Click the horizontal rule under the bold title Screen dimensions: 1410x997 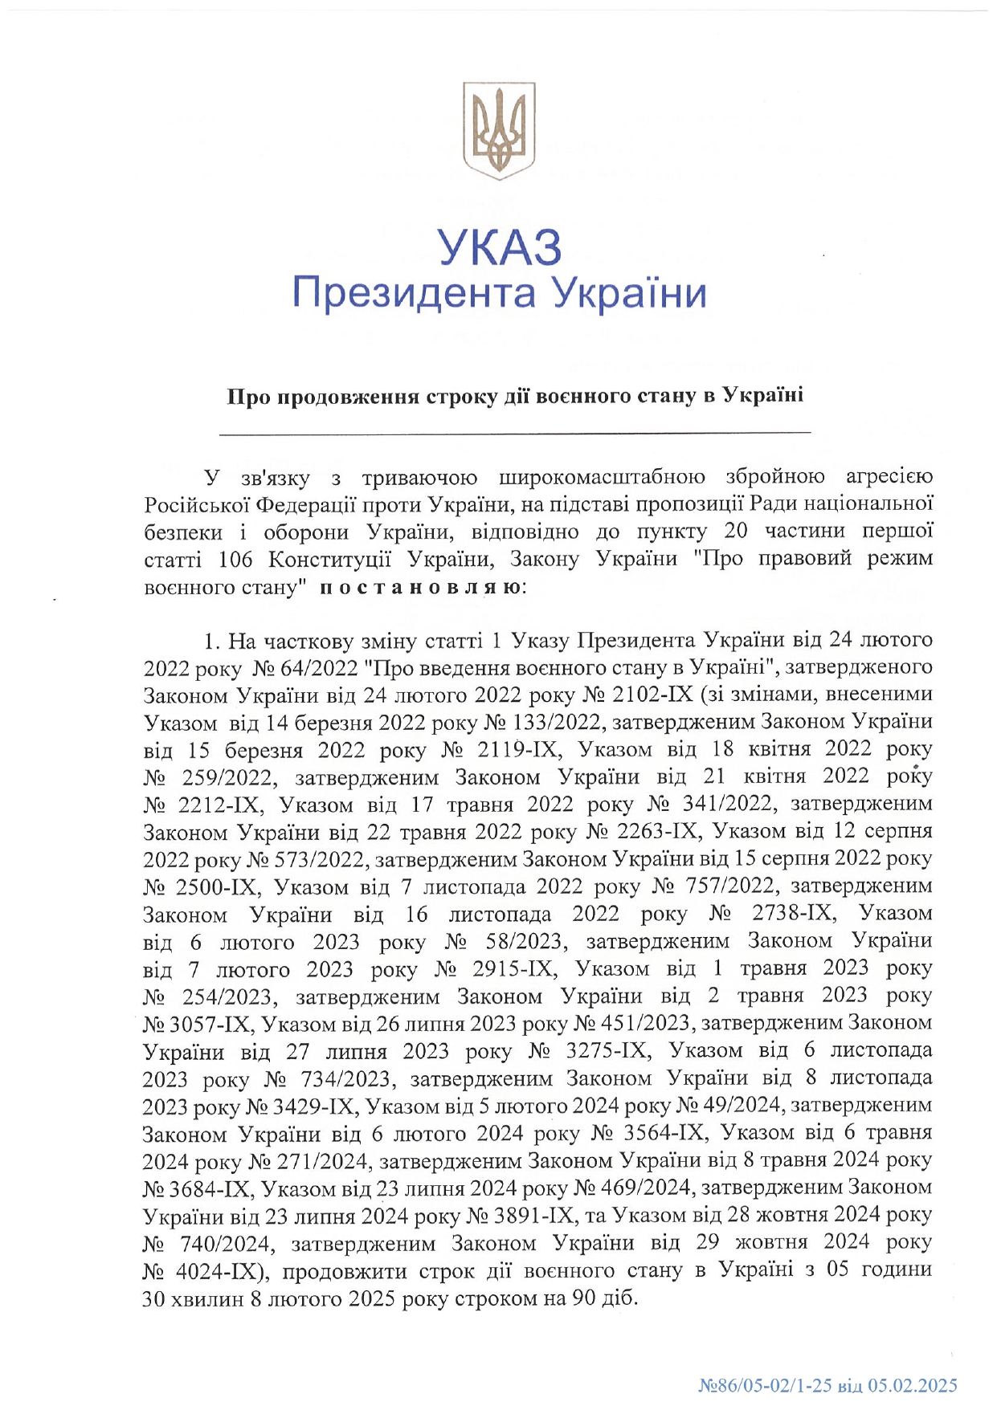coord(515,433)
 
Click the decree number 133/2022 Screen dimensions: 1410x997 coord(559,723)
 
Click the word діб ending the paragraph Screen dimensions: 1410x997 coord(619,1298)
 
